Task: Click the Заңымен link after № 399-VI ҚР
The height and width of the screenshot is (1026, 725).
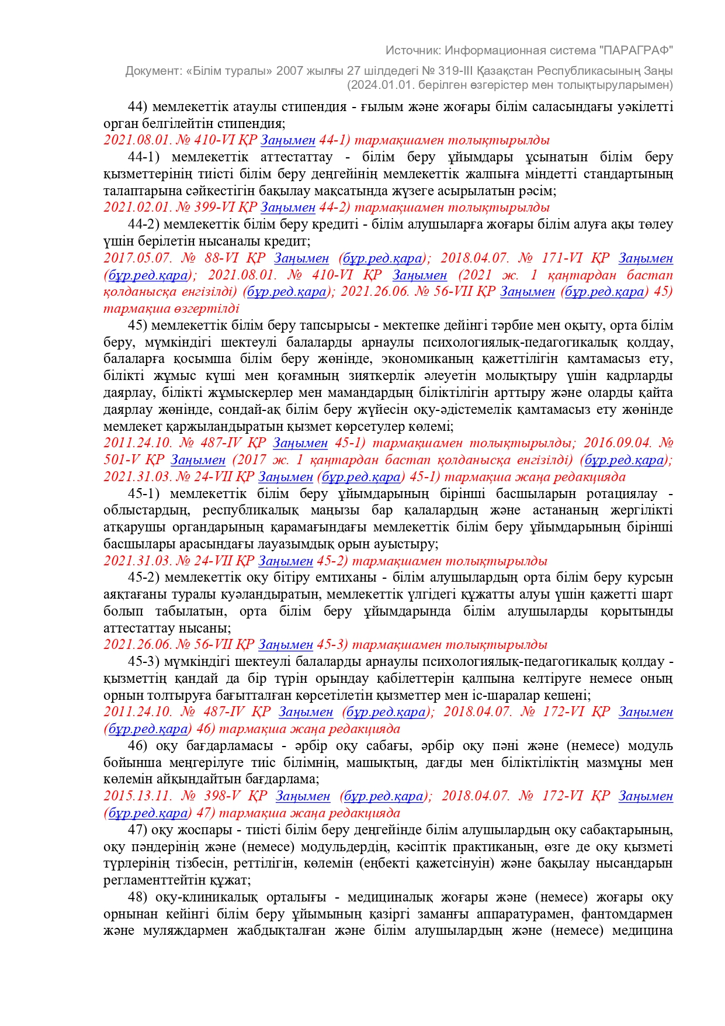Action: coord(287,208)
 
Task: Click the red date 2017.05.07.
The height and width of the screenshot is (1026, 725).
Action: coord(138,258)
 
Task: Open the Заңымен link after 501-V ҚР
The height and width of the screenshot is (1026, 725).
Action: coord(198,460)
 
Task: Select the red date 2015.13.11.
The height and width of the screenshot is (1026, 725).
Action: coord(138,796)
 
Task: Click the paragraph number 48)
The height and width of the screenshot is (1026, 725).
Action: coord(138,897)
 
